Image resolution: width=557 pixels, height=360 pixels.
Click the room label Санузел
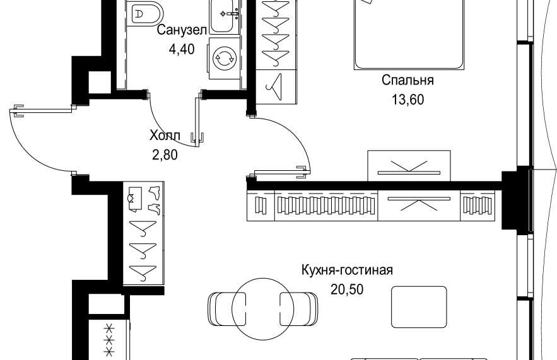click(182, 30)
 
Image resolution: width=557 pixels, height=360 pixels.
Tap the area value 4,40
click(182, 49)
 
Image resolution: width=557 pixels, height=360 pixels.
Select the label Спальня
click(407, 80)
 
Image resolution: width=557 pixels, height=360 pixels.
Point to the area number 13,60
click(407, 100)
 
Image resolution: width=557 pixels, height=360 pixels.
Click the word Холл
click(165, 136)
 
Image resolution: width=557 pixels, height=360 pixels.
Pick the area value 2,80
click(165, 155)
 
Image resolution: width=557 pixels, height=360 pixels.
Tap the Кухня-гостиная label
click(347, 270)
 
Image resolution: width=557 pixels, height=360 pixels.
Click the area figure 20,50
click(347, 290)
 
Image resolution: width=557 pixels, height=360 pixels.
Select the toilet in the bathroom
click(144, 13)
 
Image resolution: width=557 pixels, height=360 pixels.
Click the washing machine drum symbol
click(224, 58)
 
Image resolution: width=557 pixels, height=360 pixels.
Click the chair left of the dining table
click(226, 308)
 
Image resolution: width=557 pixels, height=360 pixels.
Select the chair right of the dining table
click(299, 308)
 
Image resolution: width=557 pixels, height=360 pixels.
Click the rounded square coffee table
click(419, 307)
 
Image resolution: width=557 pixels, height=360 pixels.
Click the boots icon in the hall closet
click(155, 200)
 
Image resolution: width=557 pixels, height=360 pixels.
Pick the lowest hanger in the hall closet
click(143, 271)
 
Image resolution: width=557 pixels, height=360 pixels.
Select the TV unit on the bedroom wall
click(409, 166)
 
